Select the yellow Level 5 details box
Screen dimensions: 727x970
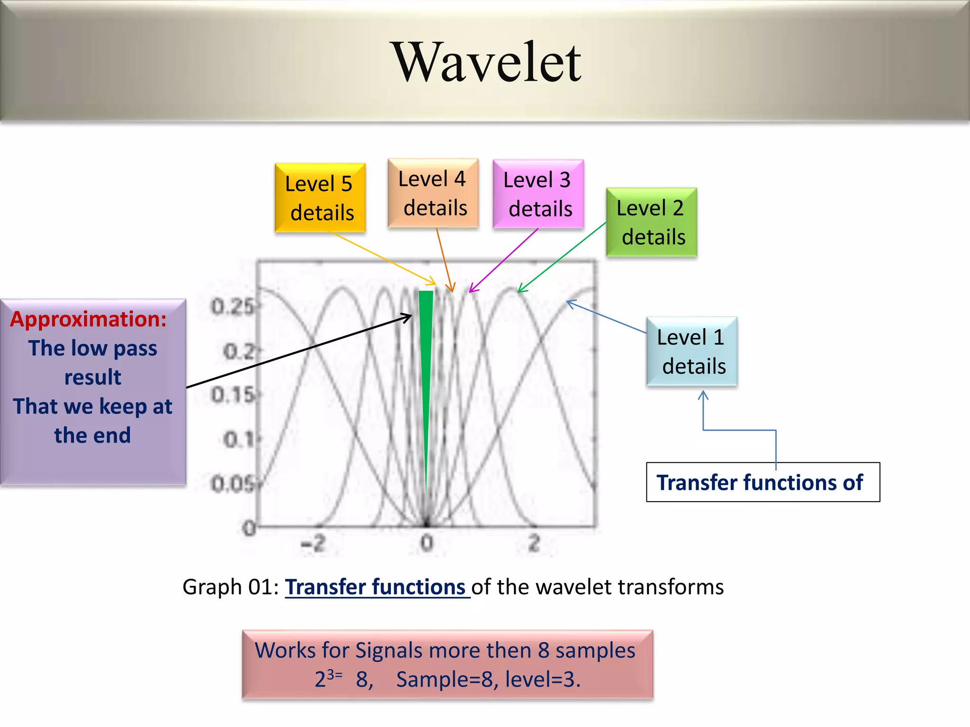[x=320, y=198]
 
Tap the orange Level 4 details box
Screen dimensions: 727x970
[x=432, y=193]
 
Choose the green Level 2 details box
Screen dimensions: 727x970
[x=651, y=222]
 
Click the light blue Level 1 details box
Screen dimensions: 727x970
[x=691, y=351]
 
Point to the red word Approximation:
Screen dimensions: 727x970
[x=89, y=319]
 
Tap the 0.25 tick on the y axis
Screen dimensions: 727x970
[x=233, y=307]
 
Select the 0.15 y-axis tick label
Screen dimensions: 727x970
[x=233, y=395]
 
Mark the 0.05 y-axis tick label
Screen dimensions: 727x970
[x=233, y=484]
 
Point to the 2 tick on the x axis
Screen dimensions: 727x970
[x=534, y=543]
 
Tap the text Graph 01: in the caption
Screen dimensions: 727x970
[x=231, y=587]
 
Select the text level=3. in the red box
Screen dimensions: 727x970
[x=542, y=679]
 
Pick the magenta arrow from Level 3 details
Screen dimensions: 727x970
[x=503, y=260]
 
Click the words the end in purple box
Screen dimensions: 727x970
[x=92, y=435]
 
